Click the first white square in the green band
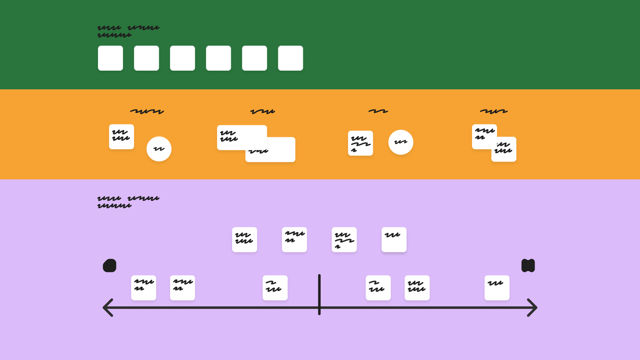[x=110, y=58]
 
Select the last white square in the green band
[x=290, y=58]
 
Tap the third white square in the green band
[x=182, y=58]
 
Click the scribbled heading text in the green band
[x=128, y=31]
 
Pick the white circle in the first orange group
[x=159, y=149]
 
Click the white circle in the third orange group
[x=400, y=142]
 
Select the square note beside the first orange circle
[x=121, y=136]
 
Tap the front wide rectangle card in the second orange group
[x=242, y=137]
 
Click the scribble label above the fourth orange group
[x=494, y=111]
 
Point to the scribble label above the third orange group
[x=378, y=111]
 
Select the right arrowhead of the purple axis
[x=534, y=308]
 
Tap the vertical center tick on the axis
[x=319, y=294]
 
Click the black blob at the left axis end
[x=110, y=266]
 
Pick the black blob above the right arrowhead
[x=528, y=266]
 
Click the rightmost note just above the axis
[x=497, y=288]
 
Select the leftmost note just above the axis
[x=143, y=288]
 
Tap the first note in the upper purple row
[x=244, y=240]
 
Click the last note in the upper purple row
[x=394, y=240]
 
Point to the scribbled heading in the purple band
[x=128, y=202]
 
